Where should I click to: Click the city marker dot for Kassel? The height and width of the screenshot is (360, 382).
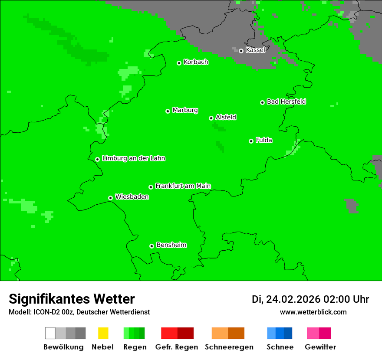241,51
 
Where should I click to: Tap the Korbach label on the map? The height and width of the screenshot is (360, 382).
196,62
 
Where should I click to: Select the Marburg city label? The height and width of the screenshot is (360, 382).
185,110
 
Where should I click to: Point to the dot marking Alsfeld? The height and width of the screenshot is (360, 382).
211,118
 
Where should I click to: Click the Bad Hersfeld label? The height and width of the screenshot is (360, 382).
286,101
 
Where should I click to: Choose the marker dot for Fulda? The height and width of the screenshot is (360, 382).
251,141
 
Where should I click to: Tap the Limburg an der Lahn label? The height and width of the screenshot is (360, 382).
133,158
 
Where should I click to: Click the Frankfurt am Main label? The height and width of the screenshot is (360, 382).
183,186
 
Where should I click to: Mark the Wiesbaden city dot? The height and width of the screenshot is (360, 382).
110,198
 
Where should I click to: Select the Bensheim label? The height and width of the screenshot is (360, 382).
171,245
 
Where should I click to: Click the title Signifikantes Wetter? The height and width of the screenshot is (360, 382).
72,299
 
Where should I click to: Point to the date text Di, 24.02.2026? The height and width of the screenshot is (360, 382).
286,299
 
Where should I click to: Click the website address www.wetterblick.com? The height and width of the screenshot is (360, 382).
313,312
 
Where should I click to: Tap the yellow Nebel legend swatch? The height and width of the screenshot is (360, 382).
103,333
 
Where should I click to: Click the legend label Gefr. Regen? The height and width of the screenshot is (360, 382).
177,347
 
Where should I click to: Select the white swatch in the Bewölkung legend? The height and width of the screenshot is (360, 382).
50,333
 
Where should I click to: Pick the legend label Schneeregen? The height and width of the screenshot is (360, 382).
229,347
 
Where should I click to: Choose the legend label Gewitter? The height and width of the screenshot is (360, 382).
320,347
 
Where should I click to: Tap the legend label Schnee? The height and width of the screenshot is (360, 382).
280,347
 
